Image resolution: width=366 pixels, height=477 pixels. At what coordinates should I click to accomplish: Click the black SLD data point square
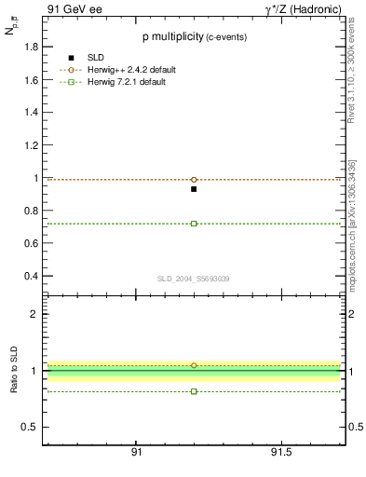point(194,189)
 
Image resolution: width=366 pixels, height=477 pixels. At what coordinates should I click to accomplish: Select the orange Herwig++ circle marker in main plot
point(194,179)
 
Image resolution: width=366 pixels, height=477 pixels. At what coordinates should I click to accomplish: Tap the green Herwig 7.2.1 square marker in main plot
point(194,224)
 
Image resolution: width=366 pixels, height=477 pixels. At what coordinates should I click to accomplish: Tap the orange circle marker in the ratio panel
point(194,365)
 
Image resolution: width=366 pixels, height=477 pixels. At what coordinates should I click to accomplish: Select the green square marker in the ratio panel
point(194,391)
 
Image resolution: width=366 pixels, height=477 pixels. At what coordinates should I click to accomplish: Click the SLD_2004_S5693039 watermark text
point(193,279)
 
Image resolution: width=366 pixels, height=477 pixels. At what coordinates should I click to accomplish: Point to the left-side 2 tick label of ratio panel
point(34,314)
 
